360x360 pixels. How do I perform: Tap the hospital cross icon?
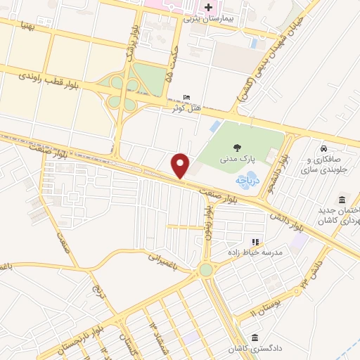(x=208, y=8)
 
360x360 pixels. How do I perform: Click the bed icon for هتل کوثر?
(x=186, y=97)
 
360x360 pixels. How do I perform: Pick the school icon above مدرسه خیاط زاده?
(x=255, y=242)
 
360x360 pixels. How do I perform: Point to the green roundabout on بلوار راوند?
(x=206, y=269)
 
